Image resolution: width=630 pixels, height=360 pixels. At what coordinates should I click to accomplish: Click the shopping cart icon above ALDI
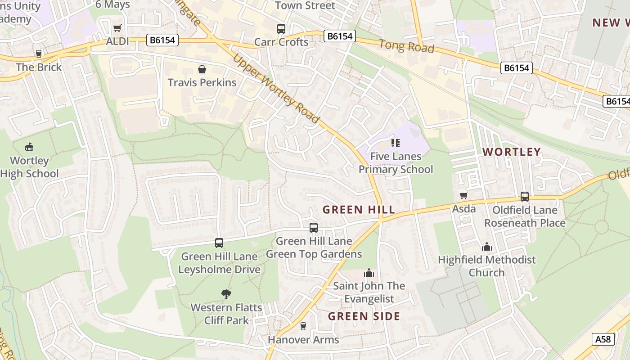117,28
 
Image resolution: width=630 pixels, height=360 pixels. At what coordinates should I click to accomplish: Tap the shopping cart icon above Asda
464,195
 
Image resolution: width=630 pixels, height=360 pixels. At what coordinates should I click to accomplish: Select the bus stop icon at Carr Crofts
281,29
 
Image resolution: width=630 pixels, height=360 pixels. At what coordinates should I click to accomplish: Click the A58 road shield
603,339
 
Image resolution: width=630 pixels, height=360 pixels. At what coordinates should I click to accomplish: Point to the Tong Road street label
406,46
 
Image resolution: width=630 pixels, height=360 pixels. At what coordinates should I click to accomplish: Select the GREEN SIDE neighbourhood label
364,316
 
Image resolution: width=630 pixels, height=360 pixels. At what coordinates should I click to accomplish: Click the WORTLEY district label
511,152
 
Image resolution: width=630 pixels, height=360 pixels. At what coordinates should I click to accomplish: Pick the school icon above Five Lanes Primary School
396,143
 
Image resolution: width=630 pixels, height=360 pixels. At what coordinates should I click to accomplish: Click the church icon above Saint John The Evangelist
369,273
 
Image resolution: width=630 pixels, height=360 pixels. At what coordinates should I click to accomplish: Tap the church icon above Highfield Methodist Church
486,247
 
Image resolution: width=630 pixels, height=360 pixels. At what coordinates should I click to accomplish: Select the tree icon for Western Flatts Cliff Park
226,294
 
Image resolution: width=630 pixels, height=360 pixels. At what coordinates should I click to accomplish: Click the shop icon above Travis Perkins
202,69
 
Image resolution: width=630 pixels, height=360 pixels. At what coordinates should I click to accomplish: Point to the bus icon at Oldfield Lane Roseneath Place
525,197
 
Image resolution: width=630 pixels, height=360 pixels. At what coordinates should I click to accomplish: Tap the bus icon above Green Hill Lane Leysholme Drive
219,243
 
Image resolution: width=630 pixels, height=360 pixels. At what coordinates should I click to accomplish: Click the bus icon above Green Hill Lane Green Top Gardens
314,228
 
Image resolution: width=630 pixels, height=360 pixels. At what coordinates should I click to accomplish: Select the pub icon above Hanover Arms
303,326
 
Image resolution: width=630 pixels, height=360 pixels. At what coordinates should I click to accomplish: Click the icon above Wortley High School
29,147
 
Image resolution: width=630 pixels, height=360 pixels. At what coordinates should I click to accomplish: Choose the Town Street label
305,5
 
